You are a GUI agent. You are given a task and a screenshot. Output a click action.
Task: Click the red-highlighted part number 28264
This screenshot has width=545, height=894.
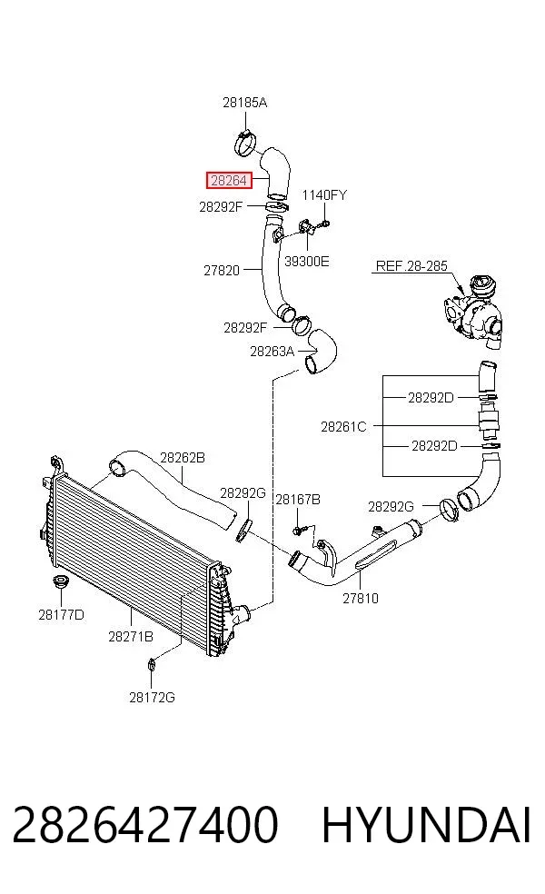coord(228,181)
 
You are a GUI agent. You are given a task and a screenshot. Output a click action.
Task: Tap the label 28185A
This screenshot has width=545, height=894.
coord(244,103)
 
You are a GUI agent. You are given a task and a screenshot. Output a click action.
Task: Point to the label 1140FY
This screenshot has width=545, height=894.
coord(323,195)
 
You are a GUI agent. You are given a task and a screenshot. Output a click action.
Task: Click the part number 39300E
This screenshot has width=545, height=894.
coord(307,262)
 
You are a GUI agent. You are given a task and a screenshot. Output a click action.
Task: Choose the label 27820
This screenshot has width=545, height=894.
coord(222,270)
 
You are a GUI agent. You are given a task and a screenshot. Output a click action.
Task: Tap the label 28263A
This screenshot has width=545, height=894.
coord(272,352)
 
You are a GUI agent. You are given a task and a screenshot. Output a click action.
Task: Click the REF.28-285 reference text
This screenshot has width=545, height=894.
coord(411,266)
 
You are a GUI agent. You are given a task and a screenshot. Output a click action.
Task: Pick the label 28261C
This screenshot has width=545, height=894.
coord(343,426)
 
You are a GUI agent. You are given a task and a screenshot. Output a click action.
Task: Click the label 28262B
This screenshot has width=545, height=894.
coord(183,458)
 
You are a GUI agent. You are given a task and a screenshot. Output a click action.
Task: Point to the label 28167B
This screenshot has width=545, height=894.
coord(298,500)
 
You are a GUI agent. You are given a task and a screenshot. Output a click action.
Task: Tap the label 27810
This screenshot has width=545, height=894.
coord(361,598)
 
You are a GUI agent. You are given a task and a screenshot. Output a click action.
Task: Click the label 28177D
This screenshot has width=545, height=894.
coord(61,614)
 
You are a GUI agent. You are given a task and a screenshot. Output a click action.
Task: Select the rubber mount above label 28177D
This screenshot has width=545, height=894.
coord(59,584)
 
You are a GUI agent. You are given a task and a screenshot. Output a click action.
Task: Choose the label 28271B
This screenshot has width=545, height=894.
coord(131,636)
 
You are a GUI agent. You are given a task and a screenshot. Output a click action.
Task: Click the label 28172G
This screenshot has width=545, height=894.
coord(152,697)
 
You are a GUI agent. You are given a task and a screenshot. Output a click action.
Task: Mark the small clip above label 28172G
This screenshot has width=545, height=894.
coord(151,663)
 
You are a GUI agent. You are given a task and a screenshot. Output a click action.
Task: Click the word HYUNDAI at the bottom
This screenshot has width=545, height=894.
coord(426,825)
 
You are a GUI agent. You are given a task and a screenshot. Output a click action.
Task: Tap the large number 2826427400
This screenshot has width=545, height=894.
coord(144,825)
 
